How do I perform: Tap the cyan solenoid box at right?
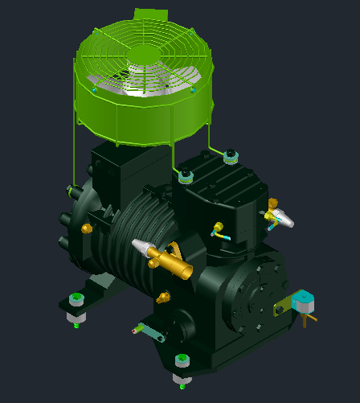click(x=304, y=302)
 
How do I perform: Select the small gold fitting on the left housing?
click(x=87, y=228)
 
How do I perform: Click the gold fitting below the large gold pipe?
click(x=166, y=298)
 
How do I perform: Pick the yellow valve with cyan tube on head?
click(x=217, y=228)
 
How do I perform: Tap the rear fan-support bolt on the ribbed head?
click(x=231, y=154)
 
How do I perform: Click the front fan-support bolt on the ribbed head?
click(x=186, y=175)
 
